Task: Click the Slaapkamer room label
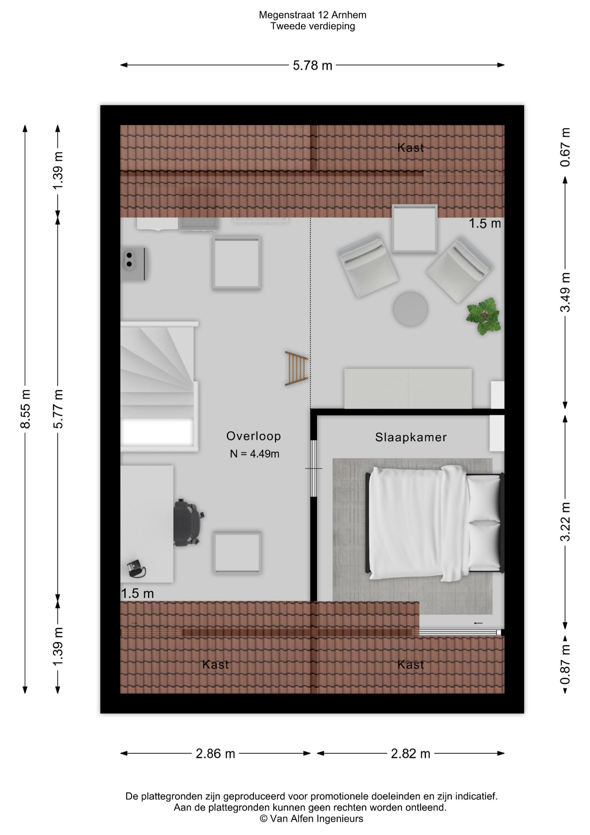click(x=411, y=437)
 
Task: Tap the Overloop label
click(x=253, y=436)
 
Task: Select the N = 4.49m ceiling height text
click(x=254, y=454)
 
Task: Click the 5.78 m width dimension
click(x=312, y=65)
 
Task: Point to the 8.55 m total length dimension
click(x=25, y=409)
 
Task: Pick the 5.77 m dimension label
click(x=58, y=409)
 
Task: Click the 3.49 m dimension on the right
click(x=565, y=292)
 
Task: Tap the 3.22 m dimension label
click(x=565, y=522)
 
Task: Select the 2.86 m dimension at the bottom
click(x=215, y=753)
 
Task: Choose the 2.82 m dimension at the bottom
click(x=410, y=753)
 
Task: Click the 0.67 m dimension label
click(x=565, y=147)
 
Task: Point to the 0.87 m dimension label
click(x=565, y=665)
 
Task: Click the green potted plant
click(x=484, y=316)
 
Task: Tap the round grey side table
click(x=410, y=309)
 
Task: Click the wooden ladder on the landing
click(x=296, y=368)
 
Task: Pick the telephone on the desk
click(x=136, y=569)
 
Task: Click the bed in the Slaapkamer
click(x=434, y=523)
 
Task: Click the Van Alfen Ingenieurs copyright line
click(x=312, y=818)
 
